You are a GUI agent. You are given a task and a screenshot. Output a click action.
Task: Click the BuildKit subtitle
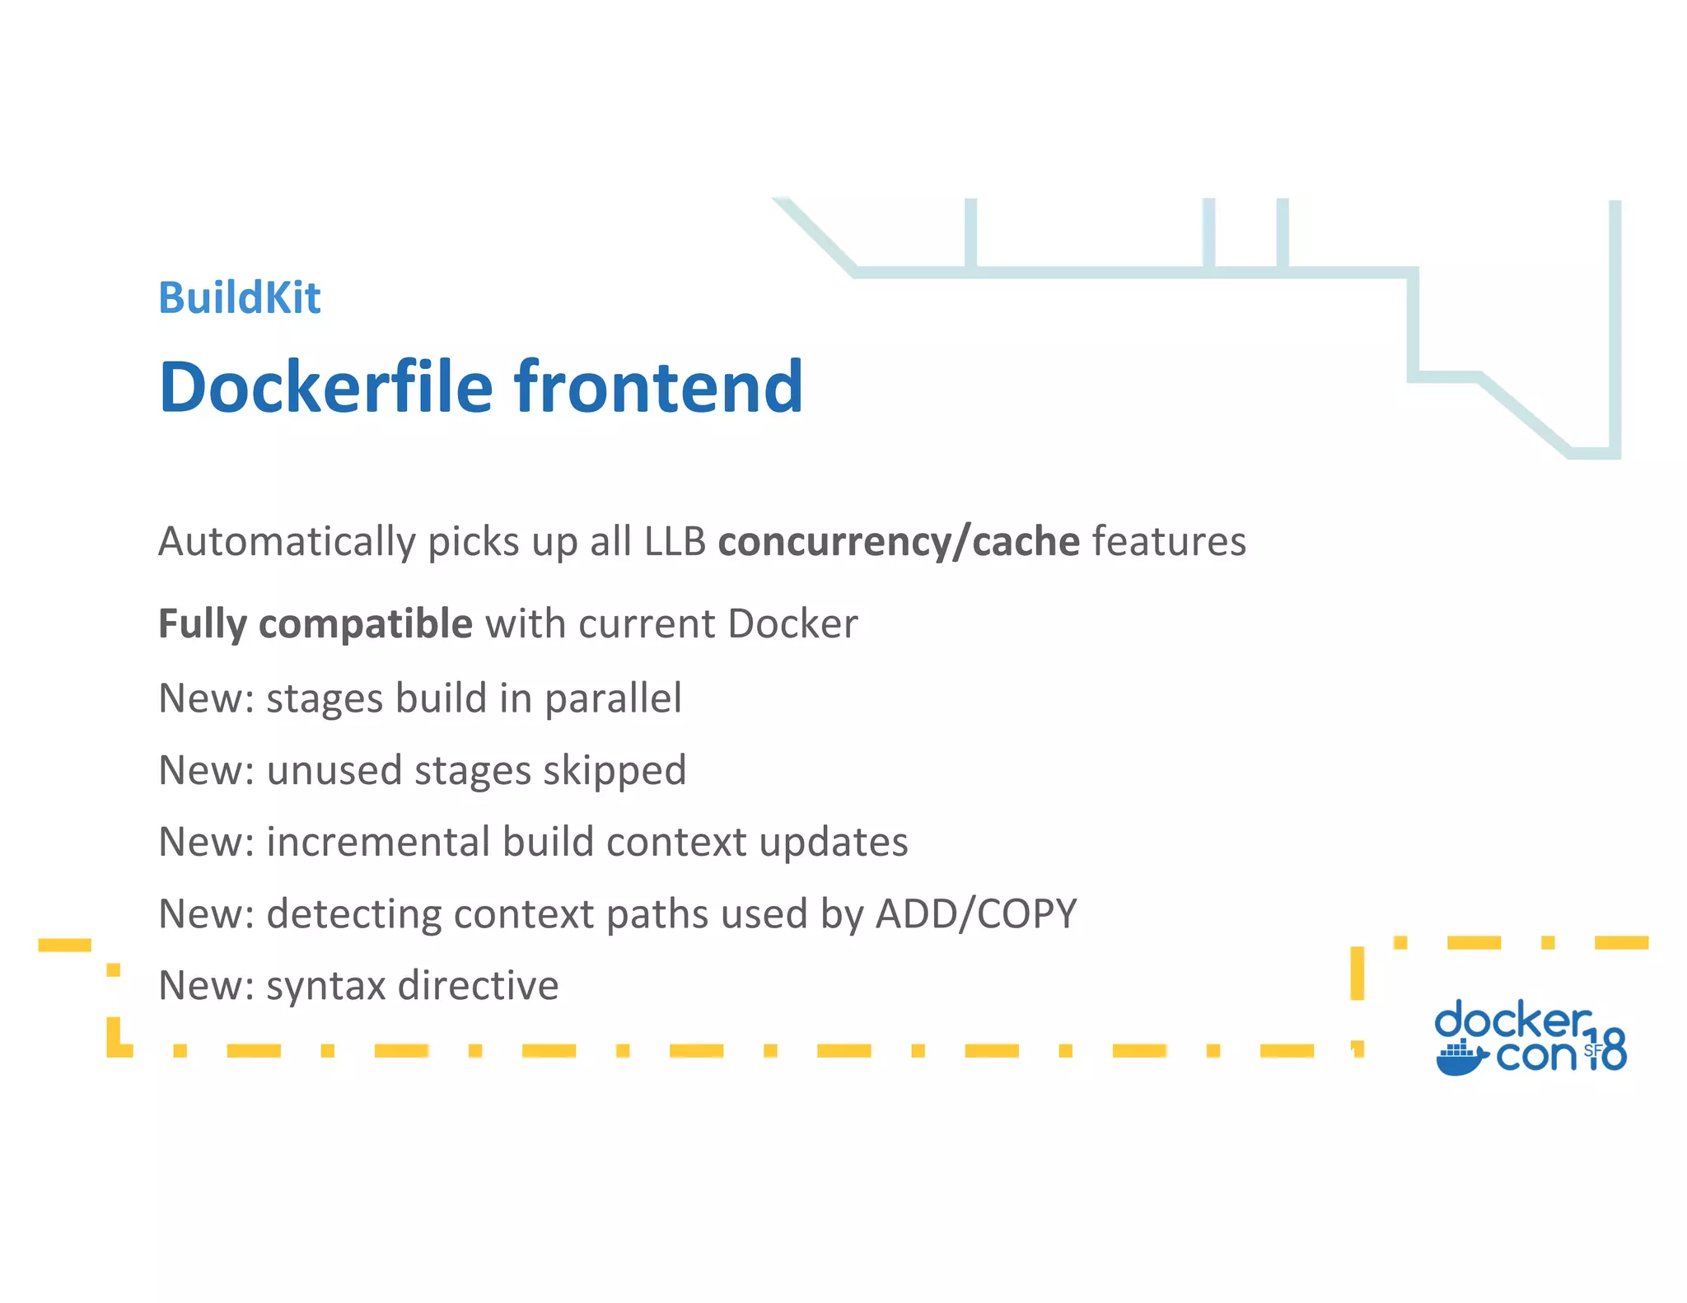click(239, 297)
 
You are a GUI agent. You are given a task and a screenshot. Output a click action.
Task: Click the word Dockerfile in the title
click(325, 386)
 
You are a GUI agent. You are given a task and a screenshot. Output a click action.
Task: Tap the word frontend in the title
click(658, 386)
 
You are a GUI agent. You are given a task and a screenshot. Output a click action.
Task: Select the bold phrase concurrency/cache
click(898, 542)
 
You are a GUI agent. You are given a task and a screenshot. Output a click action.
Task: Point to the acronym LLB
click(675, 542)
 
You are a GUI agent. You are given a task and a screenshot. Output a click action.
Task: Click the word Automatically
click(287, 542)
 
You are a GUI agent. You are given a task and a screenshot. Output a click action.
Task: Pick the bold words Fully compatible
click(315, 623)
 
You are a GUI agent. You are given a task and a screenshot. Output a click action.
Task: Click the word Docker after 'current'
click(792, 623)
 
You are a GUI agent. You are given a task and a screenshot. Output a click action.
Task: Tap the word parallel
click(613, 698)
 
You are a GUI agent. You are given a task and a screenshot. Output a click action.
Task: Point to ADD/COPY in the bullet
click(975, 913)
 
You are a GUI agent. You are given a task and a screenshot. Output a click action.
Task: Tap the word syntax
click(326, 985)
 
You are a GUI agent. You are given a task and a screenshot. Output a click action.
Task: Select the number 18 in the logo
click(1608, 1048)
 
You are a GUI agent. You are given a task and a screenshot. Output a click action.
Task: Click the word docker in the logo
click(1512, 1021)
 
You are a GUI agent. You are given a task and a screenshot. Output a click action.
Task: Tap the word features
click(1169, 542)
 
